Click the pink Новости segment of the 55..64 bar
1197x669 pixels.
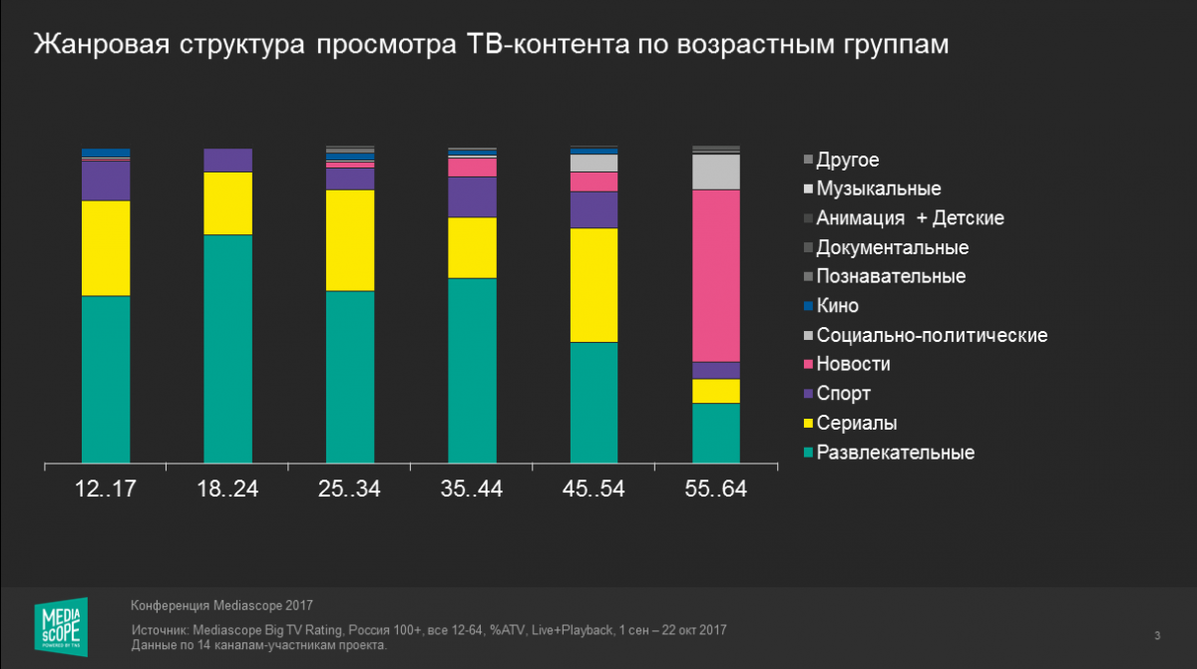(716, 275)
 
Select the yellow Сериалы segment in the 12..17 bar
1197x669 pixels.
(106, 248)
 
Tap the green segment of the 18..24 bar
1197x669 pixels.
(227, 349)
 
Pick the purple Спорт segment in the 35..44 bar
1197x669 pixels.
(472, 196)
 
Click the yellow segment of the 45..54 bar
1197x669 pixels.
(594, 285)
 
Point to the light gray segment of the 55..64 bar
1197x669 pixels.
(716, 171)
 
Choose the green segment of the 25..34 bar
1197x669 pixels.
(350, 377)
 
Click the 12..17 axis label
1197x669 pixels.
(105, 489)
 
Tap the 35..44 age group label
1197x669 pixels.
(472, 489)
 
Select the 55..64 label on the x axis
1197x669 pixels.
(716, 489)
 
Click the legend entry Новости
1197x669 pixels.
(853, 364)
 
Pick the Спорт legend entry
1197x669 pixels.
(843, 394)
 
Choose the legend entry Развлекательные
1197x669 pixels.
(895, 453)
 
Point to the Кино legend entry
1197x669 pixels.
(837, 306)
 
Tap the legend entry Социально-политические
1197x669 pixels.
(931, 335)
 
